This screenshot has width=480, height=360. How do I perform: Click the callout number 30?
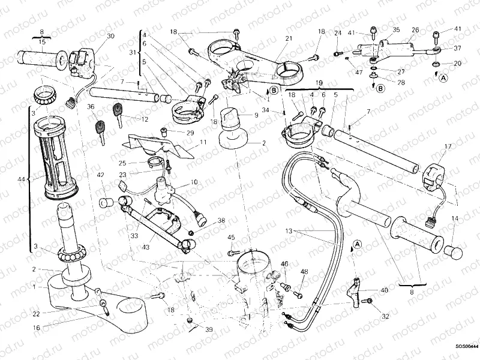tap(110, 36)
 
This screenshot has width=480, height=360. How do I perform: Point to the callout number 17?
tap(447, 146)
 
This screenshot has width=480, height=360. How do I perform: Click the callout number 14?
tap(454, 218)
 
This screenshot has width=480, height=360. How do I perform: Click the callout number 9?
tap(256, 115)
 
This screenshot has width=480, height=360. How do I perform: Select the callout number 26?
tap(415, 29)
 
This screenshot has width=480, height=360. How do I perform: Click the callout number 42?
tap(100, 175)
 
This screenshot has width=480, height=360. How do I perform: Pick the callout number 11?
tap(203, 142)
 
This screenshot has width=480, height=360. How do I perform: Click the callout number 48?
tap(304, 272)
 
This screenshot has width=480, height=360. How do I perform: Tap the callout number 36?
tap(91, 107)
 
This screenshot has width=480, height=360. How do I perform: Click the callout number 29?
tap(190, 133)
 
